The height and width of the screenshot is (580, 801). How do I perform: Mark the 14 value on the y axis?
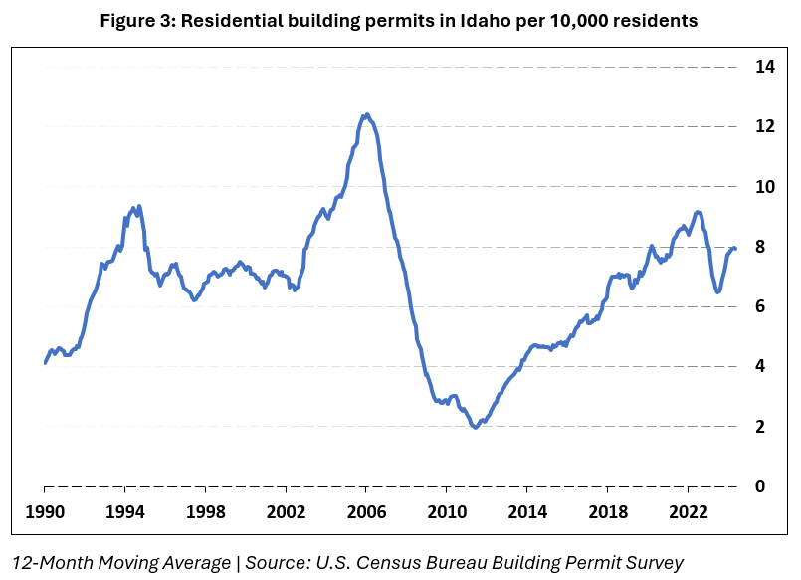tap(764, 67)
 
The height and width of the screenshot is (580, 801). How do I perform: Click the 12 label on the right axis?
tap(764, 127)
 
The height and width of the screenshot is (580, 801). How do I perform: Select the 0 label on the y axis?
tap(760, 486)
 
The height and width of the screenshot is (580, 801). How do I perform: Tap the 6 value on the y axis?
tap(760, 306)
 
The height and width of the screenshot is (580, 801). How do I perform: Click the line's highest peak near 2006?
tap(366, 114)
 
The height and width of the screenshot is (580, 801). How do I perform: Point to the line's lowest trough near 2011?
tap(475, 427)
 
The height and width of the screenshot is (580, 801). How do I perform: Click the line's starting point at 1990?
tap(45, 363)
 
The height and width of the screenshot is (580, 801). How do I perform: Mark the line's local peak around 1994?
tap(138, 206)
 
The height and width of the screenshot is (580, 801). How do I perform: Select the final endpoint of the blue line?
tap(734, 248)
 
